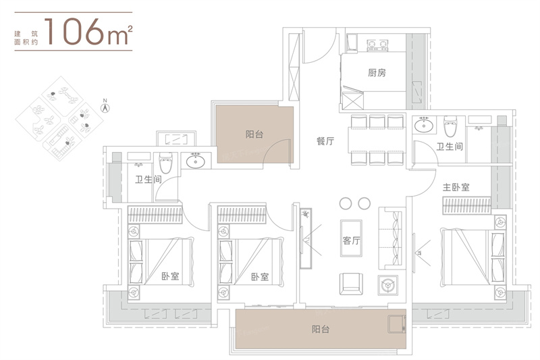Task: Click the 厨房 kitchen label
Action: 377,73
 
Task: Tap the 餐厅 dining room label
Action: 325,141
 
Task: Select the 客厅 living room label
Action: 351,240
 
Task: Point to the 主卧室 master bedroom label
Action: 456,187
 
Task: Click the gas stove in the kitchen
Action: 377,45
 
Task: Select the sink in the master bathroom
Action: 424,125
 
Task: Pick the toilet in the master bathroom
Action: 450,126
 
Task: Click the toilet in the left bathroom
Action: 165,163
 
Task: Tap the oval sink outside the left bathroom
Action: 196,161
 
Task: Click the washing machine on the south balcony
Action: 397,324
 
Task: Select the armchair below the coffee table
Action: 351,284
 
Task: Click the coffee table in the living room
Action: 351,238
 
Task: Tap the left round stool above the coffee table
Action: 346,203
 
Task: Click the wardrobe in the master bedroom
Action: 466,205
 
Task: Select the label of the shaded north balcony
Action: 254,134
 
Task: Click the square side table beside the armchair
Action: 387,285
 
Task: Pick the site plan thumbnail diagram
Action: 59,118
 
